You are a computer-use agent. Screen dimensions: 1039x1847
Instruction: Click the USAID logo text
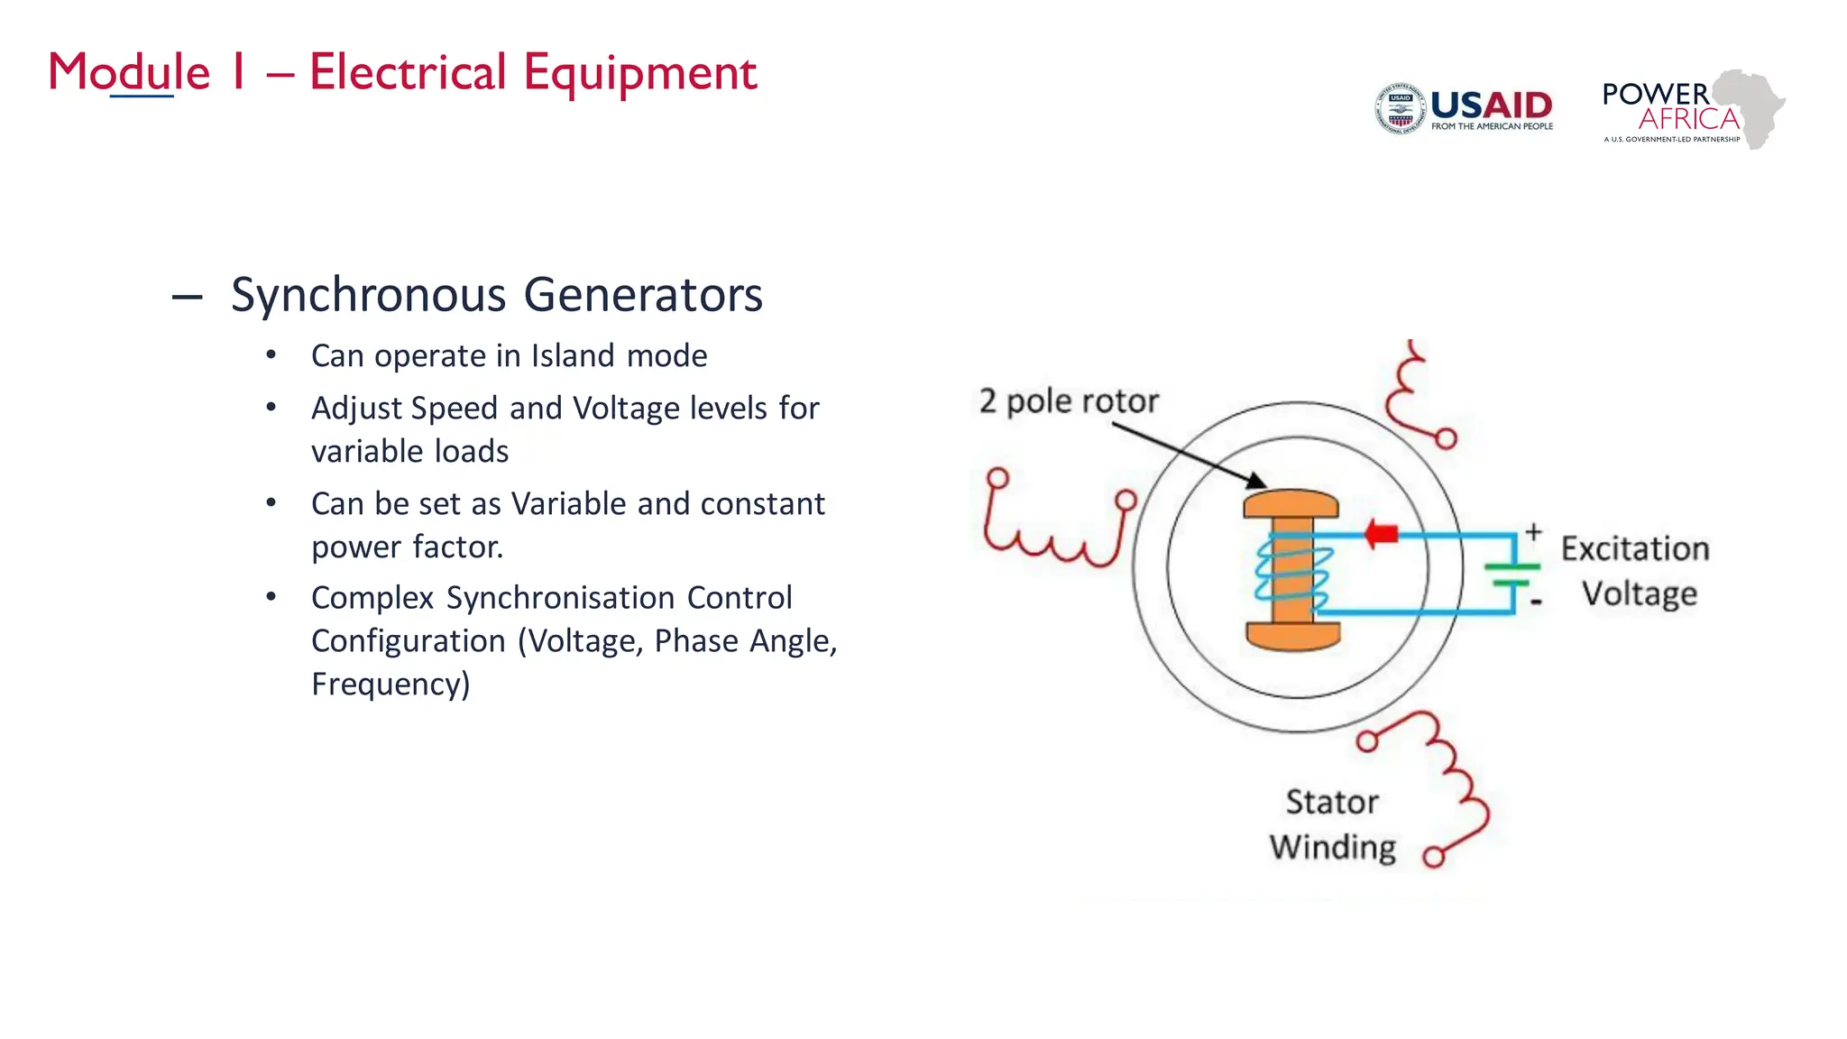(1491, 106)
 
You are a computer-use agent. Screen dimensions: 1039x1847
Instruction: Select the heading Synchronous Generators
(496, 295)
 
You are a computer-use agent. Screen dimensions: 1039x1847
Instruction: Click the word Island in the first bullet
(573, 355)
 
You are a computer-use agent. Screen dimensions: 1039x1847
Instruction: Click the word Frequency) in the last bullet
(391, 684)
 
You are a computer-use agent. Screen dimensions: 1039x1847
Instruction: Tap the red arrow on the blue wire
(1380, 533)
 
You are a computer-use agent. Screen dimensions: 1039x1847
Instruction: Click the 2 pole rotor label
(1069, 400)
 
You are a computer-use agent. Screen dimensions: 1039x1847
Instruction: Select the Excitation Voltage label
(1636, 571)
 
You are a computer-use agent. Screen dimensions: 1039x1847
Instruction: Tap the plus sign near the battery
(1533, 532)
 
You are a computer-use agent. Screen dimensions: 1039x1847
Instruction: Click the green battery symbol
(1512, 575)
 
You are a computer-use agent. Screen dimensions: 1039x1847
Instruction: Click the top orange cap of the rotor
(1291, 504)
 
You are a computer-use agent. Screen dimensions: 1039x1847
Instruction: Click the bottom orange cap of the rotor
(1292, 636)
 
